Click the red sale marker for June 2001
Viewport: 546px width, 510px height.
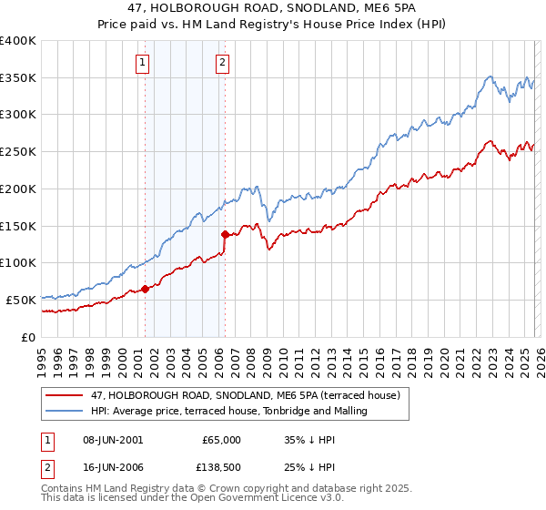(x=145, y=289)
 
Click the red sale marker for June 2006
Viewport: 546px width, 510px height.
(x=225, y=234)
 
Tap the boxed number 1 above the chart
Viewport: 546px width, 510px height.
(x=144, y=63)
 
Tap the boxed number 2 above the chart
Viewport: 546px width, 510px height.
(x=223, y=63)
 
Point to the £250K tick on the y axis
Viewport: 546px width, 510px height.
(x=17, y=151)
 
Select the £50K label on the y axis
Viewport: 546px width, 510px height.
(x=20, y=300)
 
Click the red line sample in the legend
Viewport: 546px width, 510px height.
(x=64, y=395)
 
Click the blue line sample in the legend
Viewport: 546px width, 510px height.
(x=64, y=411)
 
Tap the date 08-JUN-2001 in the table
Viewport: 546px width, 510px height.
(x=112, y=439)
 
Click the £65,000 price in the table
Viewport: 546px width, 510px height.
(x=221, y=439)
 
